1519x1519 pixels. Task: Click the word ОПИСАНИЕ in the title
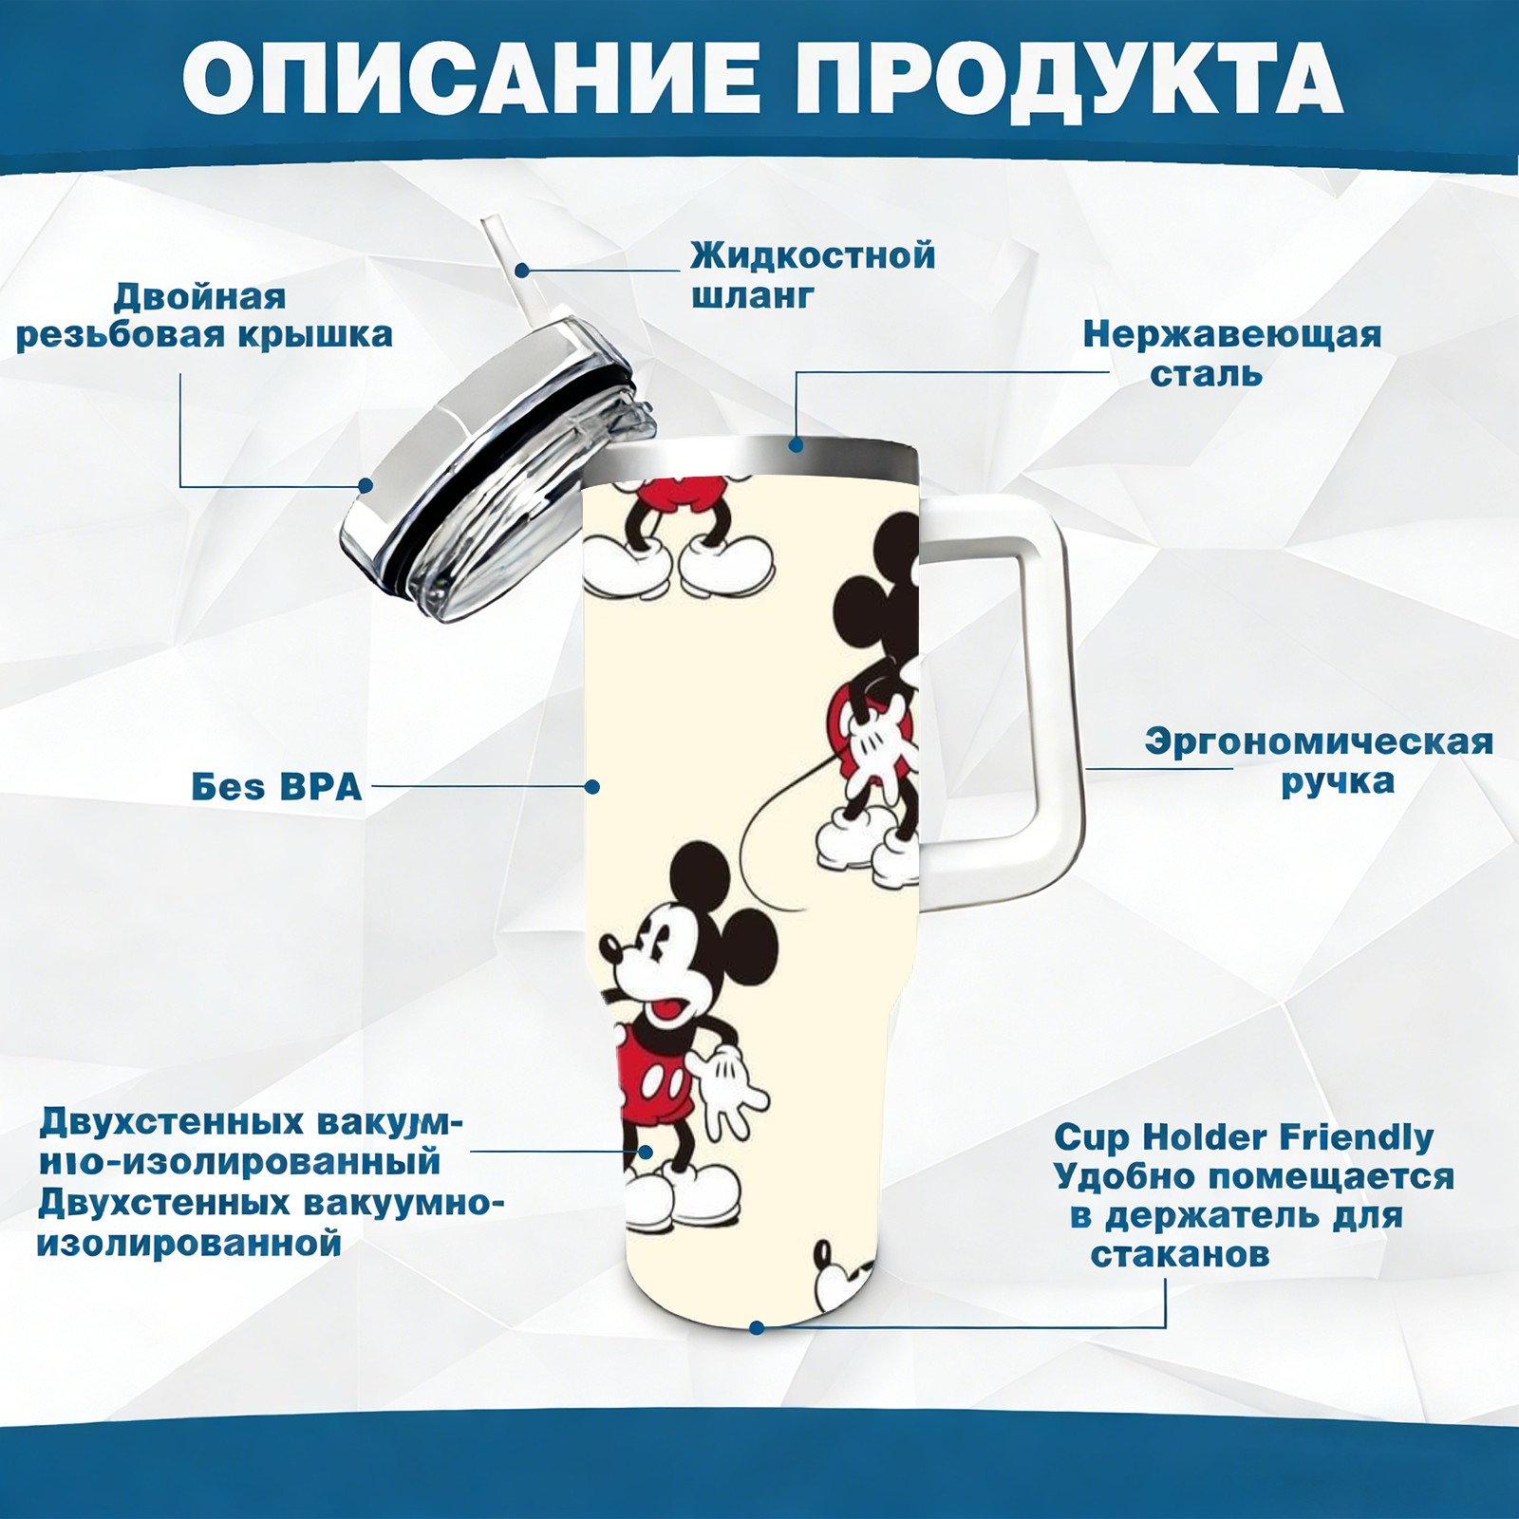(470, 79)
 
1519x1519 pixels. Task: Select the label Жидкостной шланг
(813, 274)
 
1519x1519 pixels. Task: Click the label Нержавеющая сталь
(1232, 353)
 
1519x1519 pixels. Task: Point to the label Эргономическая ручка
(1319, 761)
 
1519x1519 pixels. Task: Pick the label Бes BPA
(276, 787)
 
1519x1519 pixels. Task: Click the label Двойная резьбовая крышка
(204, 316)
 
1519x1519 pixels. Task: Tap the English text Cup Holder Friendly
(1244, 1136)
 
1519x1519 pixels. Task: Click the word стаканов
(1180, 1254)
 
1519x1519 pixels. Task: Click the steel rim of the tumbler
(751, 456)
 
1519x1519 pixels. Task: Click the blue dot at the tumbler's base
(757, 1327)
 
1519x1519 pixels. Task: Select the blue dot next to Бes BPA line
(591, 786)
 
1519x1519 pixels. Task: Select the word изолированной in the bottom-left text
(189, 1244)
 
